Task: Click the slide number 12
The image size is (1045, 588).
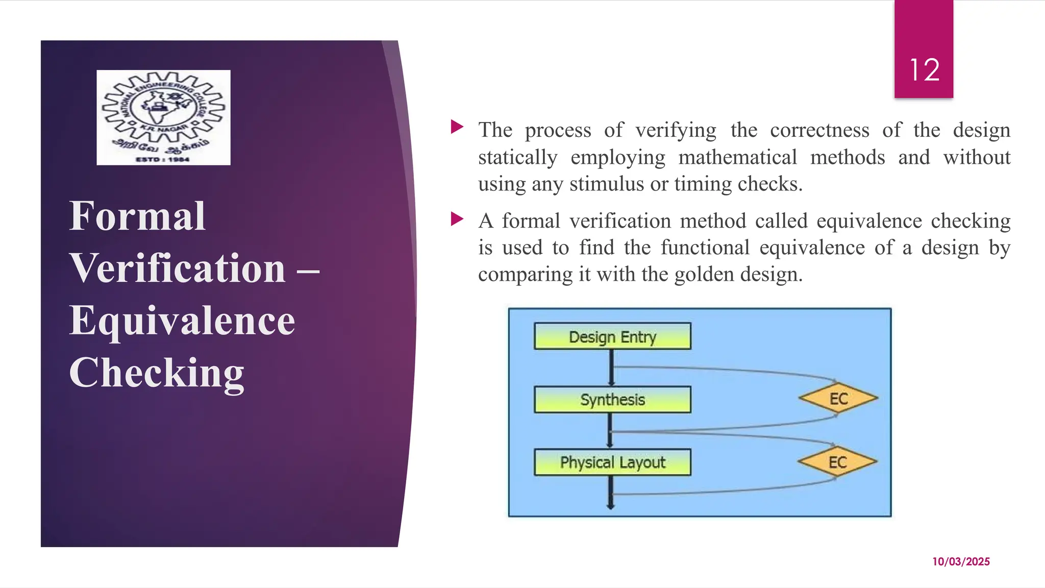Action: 924,70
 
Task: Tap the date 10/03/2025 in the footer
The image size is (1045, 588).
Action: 961,561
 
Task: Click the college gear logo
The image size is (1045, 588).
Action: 163,117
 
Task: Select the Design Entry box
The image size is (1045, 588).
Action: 612,336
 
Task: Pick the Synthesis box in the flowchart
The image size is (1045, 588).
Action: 612,400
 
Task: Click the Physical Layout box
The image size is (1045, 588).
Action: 612,462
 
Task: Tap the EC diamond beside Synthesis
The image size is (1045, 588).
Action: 838,399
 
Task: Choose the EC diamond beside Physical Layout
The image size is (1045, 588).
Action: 837,462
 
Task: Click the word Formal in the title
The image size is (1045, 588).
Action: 137,216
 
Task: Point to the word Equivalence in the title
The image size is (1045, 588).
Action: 182,321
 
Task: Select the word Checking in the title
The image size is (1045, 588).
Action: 157,373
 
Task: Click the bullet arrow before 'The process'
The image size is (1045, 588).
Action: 457,127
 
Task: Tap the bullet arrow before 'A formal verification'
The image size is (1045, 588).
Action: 457,219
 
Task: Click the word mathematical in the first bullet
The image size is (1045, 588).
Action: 737,157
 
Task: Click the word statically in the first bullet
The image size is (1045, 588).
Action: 517,157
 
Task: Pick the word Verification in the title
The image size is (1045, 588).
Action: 178,268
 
